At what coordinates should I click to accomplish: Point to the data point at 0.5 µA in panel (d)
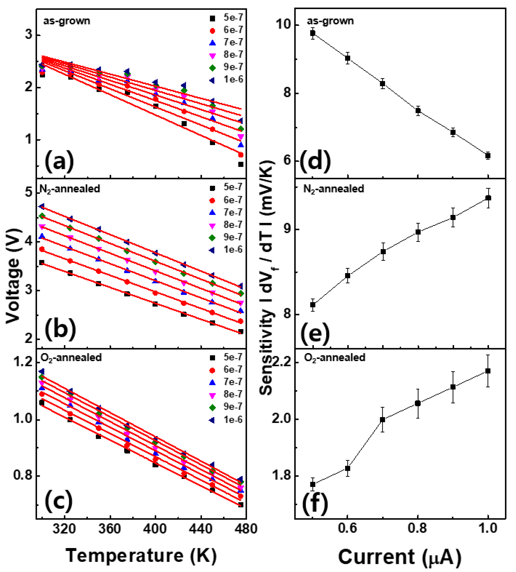point(313,33)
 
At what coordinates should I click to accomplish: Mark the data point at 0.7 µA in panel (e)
point(383,252)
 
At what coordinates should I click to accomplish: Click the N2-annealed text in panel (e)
point(333,189)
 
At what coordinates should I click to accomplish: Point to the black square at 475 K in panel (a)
point(241,164)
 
